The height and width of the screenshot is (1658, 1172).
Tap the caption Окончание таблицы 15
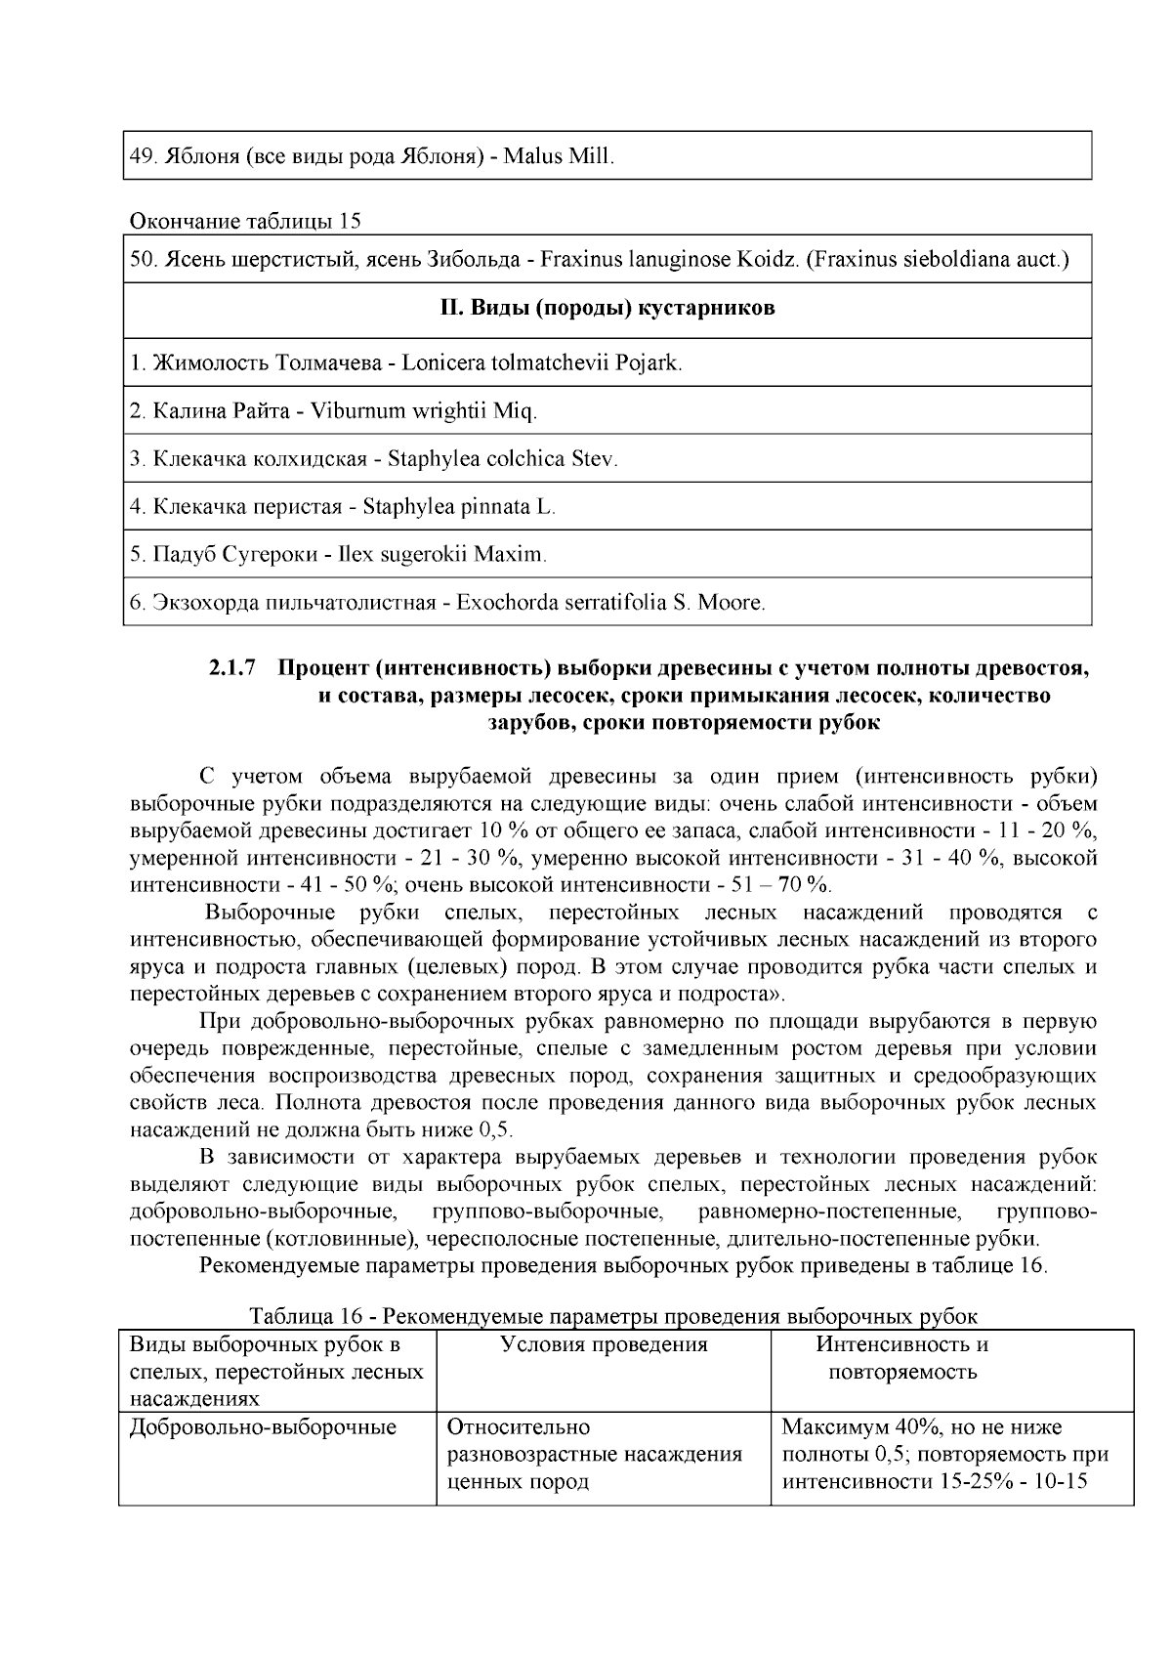(x=245, y=221)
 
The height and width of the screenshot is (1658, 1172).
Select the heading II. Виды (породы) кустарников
(x=607, y=309)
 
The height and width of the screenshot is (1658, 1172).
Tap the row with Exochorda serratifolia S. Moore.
(x=605, y=603)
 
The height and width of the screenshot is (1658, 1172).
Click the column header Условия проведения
(x=604, y=1344)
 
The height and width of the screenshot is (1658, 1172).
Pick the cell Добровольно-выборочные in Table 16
(x=263, y=1427)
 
